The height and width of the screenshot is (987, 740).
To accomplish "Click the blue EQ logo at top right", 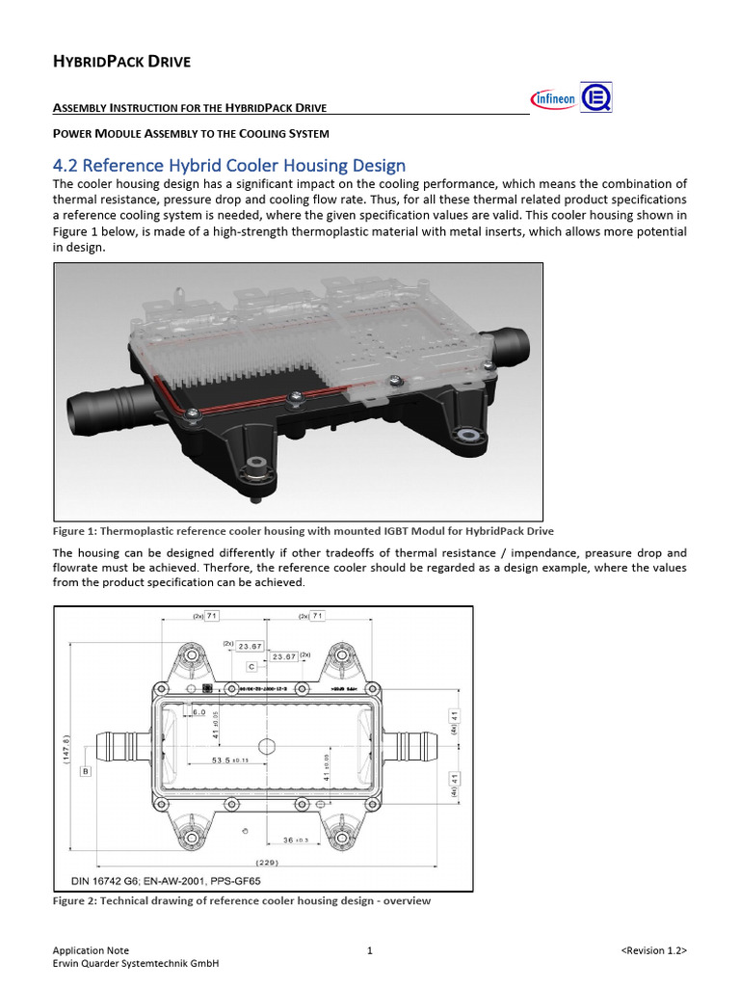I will (595, 97).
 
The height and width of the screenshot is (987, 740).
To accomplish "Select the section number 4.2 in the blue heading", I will (69, 165).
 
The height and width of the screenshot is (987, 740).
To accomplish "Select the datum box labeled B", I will (86, 772).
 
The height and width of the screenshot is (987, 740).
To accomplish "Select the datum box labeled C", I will (251, 667).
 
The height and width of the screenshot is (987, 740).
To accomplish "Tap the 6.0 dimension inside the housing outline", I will (199, 711).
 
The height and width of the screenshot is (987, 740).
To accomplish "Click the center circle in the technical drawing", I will (267, 746).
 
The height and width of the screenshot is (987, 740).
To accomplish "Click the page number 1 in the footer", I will (370, 950).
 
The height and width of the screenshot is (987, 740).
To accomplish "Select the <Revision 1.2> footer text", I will (653, 950).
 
